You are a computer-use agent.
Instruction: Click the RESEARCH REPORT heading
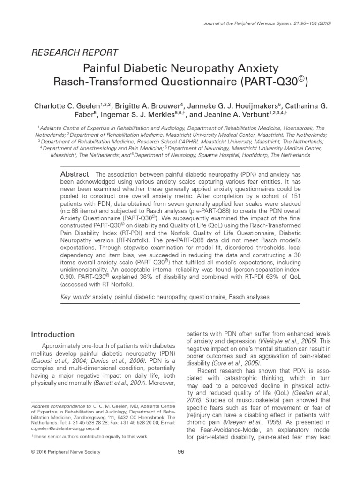pyautogui.click(x=74, y=52)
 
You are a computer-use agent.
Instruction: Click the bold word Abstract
pyautogui.click(x=75, y=174)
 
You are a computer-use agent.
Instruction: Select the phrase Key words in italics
pyautogui.click(x=76, y=297)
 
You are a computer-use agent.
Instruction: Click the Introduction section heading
pyautogui.click(x=52, y=334)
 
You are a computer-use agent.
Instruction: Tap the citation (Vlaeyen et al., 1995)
pyautogui.click(x=244, y=422)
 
